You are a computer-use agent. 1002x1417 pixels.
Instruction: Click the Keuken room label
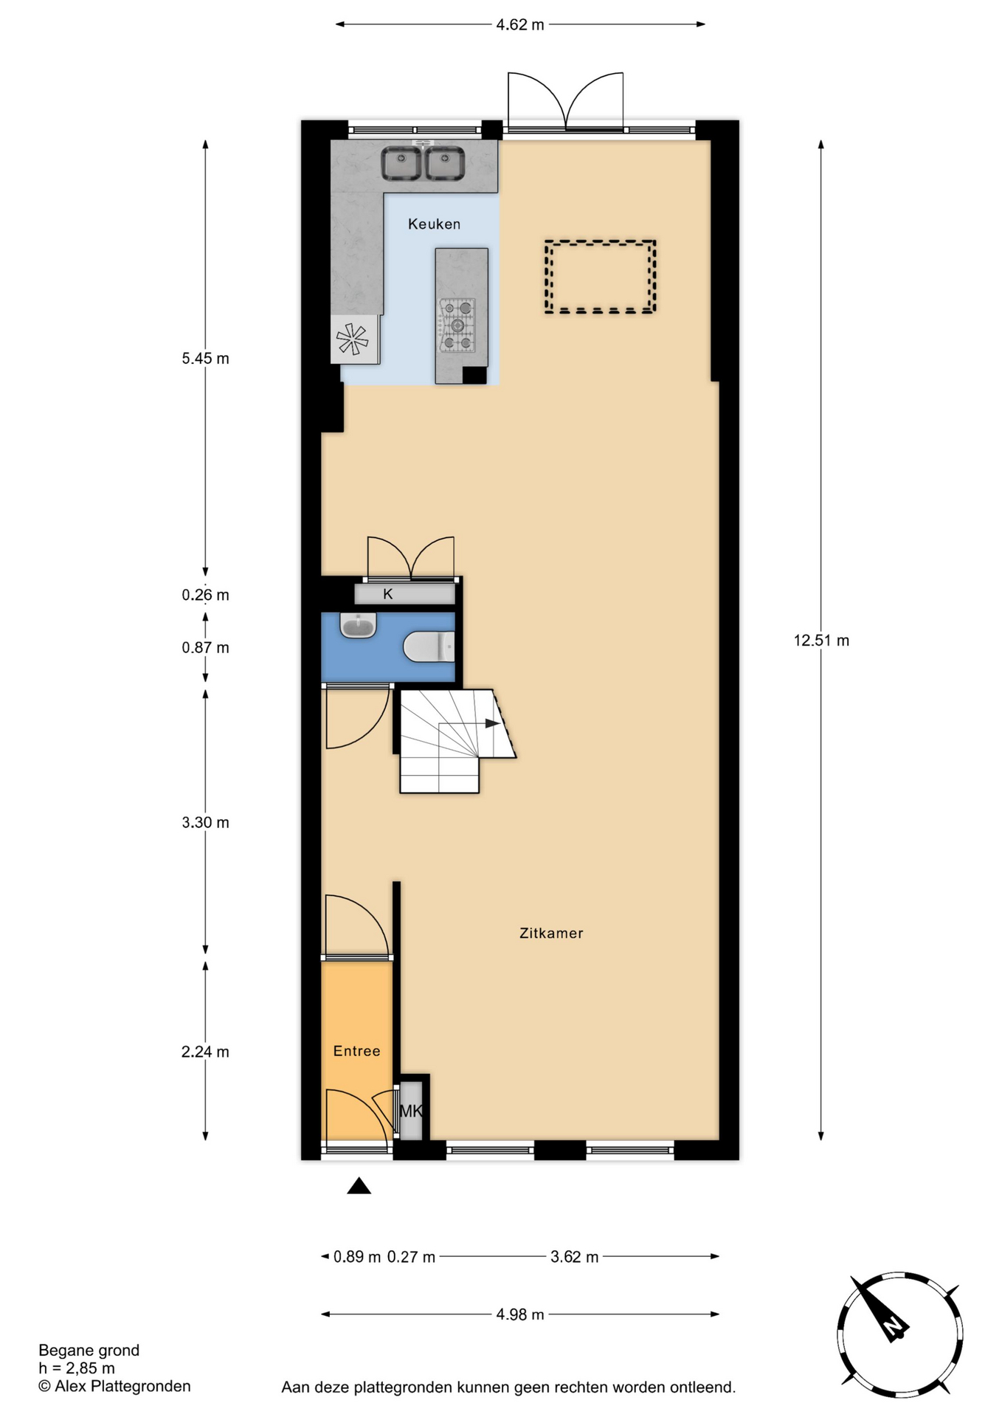[x=434, y=224]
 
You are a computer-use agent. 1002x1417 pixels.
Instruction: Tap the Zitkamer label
[x=551, y=933]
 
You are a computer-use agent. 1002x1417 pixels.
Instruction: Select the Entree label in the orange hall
[x=356, y=1051]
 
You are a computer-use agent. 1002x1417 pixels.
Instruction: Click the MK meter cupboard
[x=411, y=1111]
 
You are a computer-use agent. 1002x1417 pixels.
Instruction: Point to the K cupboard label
[x=388, y=594]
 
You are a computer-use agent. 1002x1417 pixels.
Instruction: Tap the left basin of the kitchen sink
[x=401, y=164]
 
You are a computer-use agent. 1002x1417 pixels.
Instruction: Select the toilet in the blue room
[x=429, y=647]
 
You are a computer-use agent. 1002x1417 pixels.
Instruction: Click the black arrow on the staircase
[x=492, y=723]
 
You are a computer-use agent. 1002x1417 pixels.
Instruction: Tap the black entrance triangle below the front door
[x=359, y=1185]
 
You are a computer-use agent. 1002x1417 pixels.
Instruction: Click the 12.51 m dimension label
[x=821, y=641]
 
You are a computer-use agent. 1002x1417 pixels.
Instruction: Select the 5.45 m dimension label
[x=205, y=359]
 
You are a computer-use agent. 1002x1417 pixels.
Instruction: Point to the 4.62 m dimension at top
[x=520, y=24]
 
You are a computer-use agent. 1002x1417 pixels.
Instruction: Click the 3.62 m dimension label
[x=575, y=1257]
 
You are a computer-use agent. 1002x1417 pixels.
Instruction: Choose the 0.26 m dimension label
[x=205, y=595]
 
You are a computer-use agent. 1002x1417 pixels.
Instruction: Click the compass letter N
[x=893, y=1326]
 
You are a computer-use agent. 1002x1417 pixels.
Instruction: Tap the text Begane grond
[x=89, y=1351]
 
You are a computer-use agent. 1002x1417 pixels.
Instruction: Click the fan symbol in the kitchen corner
[x=352, y=339]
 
